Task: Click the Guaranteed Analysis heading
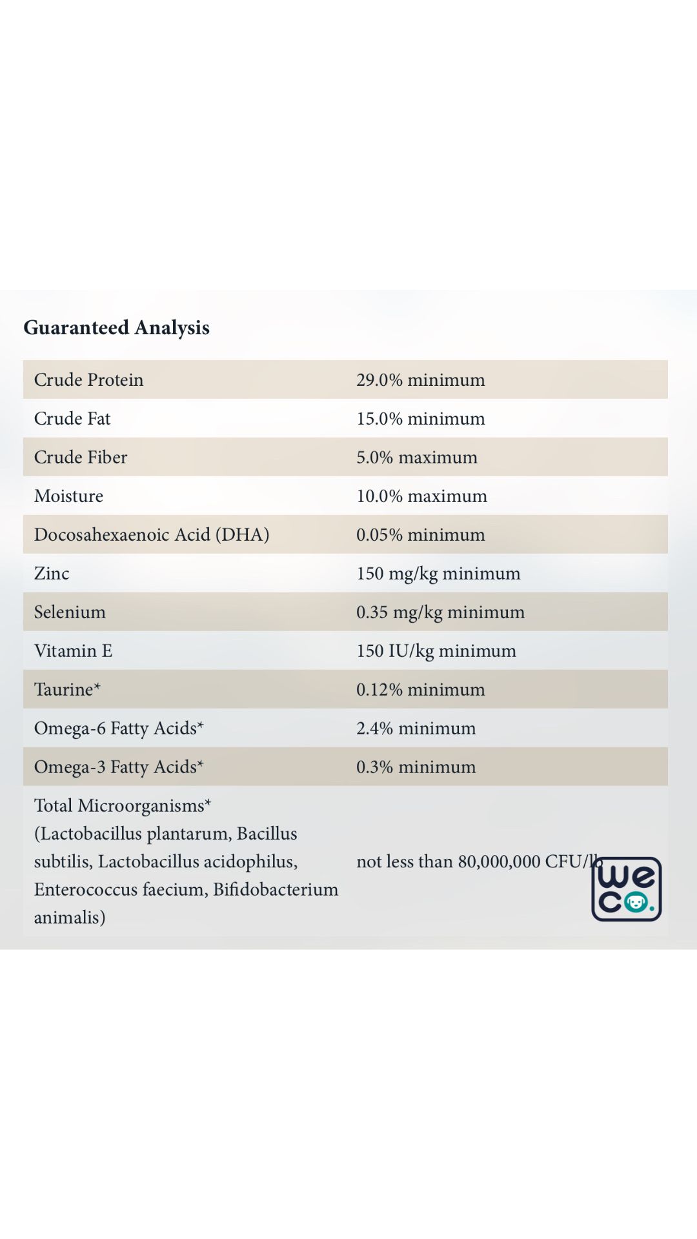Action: tap(116, 328)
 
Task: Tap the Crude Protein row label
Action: tap(88, 379)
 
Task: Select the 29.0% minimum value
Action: tap(420, 379)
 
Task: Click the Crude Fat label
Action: tap(72, 418)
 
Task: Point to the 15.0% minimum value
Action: tap(420, 418)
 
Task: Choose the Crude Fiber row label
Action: tap(81, 457)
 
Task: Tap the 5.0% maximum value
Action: tap(417, 457)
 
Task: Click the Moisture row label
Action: tap(68, 496)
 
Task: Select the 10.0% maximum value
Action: tap(421, 496)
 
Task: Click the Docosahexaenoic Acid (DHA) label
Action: tap(152, 534)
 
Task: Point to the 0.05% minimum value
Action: tap(420, 534)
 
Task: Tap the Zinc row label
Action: tap(52, 573)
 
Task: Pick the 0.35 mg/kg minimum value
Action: tap(440, 612)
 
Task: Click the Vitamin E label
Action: tap(73, 650)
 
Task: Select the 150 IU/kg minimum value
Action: tap(436, 650)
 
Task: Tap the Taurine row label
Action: tap(67, 689)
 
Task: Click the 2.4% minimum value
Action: tap(416, 728)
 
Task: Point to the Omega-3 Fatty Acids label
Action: tap(119, 767)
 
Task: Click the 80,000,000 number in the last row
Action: tap(499, 861)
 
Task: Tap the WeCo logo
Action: tap(627, 889)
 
